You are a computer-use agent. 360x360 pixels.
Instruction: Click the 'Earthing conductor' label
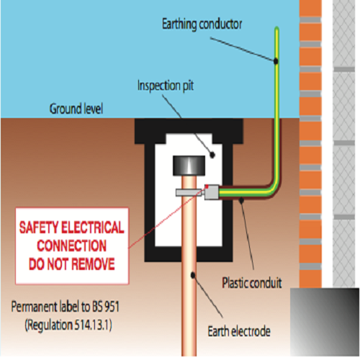coord(202,24)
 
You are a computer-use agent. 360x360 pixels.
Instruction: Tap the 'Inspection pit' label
coord(166,86)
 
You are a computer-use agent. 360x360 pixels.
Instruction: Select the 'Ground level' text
coord(76,109)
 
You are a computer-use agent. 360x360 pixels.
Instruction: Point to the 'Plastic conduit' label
coord(252,283)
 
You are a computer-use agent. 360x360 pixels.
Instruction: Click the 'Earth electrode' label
coord(239,331)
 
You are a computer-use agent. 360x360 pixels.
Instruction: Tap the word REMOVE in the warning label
coord(93,264)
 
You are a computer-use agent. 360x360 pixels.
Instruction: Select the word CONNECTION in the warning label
coord(71,246)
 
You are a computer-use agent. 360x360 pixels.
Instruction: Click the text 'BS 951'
coord(106,307)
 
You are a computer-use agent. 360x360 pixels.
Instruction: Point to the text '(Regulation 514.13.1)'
coord(68,325)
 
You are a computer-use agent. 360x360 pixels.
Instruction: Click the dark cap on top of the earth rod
coord(189,166)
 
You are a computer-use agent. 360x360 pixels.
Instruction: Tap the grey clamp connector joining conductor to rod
coord(212,192)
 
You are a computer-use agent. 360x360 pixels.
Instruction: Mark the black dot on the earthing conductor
coord(276,61)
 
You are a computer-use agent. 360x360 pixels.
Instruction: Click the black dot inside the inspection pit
coord(212,155)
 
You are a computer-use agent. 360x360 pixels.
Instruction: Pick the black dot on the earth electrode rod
coord(193,275)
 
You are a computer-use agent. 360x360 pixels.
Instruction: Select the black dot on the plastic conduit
coord(242,200)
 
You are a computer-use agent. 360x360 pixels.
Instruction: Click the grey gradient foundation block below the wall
coord(325,322)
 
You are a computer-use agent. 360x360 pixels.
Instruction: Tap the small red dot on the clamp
coord(207,186)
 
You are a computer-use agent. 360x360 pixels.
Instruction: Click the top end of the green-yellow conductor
coord(276,28)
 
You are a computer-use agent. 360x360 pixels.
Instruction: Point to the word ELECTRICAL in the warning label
coord(93,228)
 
